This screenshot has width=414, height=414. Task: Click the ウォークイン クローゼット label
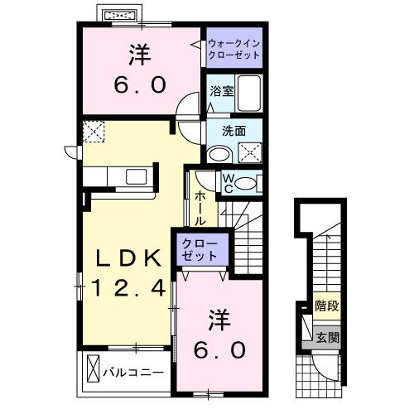(x=234, y=49)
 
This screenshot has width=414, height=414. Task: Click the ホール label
(x=201, y=209)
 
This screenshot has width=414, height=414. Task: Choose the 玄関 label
(x=326, y=337)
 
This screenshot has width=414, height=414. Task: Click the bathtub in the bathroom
(x=249, y=93)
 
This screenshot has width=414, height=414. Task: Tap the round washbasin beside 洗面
(x=219, y=153)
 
